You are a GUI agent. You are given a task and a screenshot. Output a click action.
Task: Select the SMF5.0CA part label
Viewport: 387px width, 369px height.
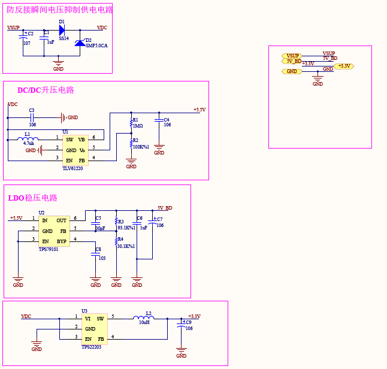(96, 46)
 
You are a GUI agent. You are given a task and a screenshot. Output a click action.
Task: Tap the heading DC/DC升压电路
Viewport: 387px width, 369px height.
(46, 90)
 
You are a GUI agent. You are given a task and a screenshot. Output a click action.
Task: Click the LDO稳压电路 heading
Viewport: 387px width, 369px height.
(32, 198)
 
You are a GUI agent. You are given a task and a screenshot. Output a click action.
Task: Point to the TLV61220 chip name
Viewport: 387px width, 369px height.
(72, 168)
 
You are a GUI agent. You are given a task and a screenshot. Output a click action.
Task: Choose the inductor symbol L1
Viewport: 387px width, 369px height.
(28, 140)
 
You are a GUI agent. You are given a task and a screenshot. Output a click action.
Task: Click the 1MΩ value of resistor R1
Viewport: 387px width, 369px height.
(138, 126)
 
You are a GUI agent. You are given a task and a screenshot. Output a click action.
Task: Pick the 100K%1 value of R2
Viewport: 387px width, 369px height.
(141, 147)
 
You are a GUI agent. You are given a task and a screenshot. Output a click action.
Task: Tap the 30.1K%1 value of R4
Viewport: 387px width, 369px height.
(126, 246)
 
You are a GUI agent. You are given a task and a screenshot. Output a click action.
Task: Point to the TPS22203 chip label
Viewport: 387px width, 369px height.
(92, 347)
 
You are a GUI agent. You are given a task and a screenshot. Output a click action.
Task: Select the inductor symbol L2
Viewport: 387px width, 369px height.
(143, 318)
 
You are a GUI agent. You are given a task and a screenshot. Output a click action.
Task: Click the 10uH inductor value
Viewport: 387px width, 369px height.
(144, 322)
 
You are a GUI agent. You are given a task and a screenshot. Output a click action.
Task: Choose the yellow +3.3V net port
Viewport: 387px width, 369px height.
(344, 66)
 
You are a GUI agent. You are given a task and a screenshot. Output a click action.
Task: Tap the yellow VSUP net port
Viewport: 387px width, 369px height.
(292, 56)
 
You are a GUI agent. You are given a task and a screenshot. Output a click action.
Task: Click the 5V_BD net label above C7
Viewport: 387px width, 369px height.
(165, 208)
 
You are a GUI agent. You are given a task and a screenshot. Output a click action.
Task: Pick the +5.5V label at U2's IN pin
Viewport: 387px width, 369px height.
(16, 218)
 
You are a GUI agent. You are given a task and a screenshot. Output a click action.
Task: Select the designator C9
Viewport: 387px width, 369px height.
(188, 322)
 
